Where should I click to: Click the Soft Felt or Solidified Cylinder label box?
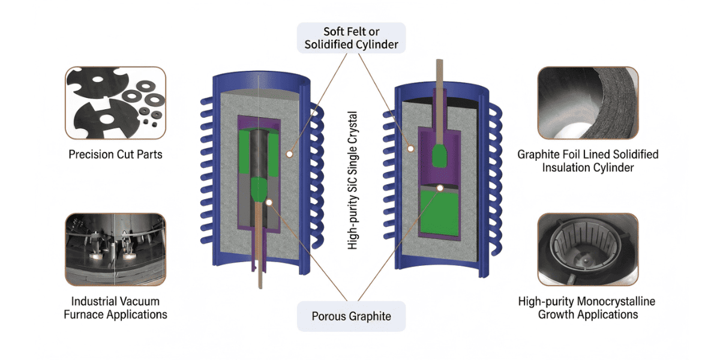[x=351, y=37]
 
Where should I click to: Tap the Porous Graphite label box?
[x=351, y=316]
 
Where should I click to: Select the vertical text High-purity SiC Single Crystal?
[x=353, y=180]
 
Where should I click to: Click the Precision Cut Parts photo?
[x=115, y=104]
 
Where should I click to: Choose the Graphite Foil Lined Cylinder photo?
[x=587, y=104]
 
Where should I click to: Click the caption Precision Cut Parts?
[x=115, y=155]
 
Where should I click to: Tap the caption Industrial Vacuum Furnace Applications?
[x=115, y=307]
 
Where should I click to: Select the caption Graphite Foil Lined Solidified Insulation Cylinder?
[x=587, y=161]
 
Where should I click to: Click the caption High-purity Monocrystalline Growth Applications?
[x=587, y=307]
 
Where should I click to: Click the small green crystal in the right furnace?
[x=441, y=155]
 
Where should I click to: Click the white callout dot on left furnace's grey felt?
[x=289, y=154]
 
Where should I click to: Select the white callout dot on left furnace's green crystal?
[x=268, y=202]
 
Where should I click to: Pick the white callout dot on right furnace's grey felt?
[x=412, y=148]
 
